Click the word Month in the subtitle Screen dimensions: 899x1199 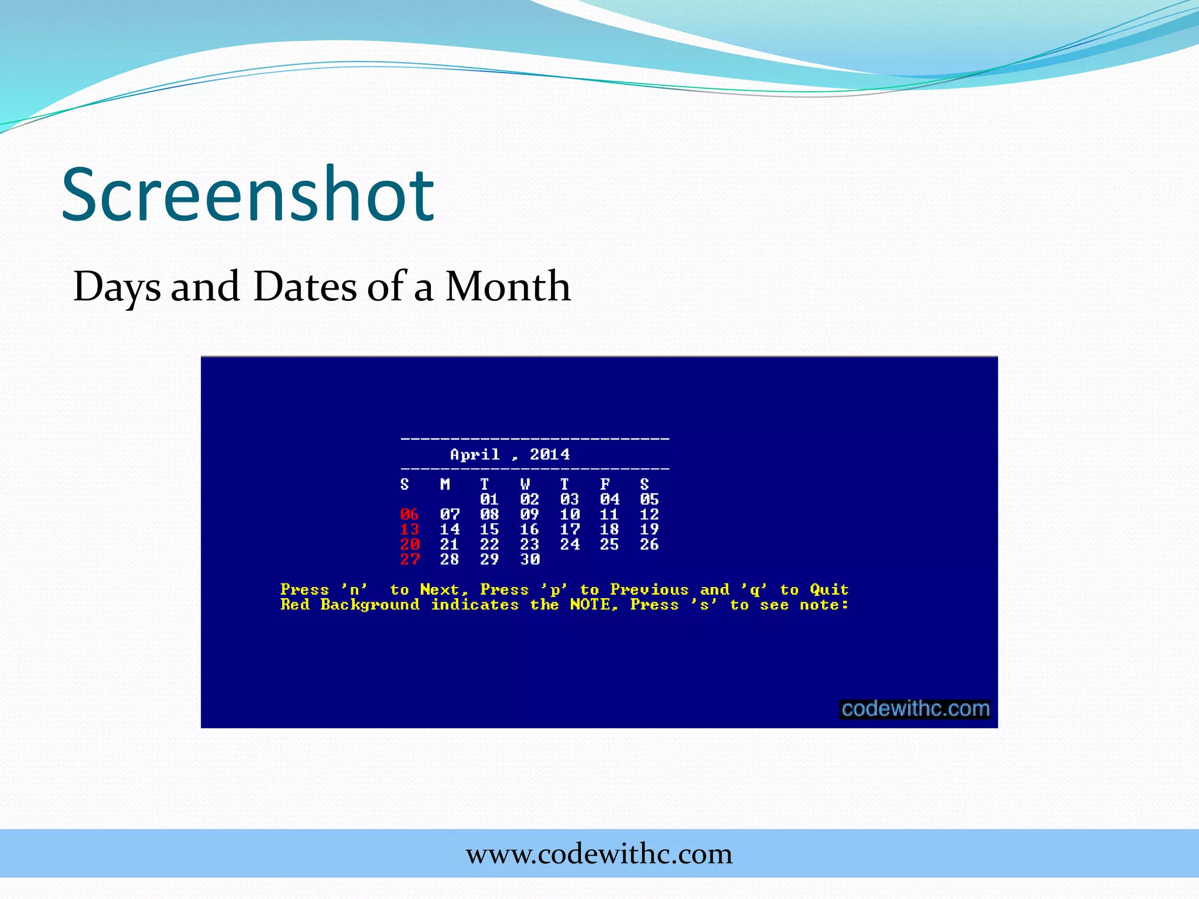point(507,286)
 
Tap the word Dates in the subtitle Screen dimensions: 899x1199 point(304,286)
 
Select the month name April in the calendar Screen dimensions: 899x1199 point(475,455)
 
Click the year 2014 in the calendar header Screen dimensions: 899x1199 point(550,454)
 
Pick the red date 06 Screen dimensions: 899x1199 point(409,514)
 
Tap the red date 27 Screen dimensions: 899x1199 point(409,560)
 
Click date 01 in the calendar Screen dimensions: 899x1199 point(489,499)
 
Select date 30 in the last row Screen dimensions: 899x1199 point(529,560)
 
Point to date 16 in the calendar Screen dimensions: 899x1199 point(529,529)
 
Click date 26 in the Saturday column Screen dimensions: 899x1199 point(649,544)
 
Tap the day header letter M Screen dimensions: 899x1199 point(445,484)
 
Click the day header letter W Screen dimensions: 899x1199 point(525,484)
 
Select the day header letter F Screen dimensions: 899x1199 point(605,484)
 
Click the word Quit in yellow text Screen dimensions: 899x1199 point(829,589)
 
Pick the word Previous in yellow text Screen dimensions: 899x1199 point(649,589)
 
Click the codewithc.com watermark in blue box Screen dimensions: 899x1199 point(915,709)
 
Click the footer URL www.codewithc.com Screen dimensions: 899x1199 point(599,854)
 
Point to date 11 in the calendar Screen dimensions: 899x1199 point(609,514)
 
